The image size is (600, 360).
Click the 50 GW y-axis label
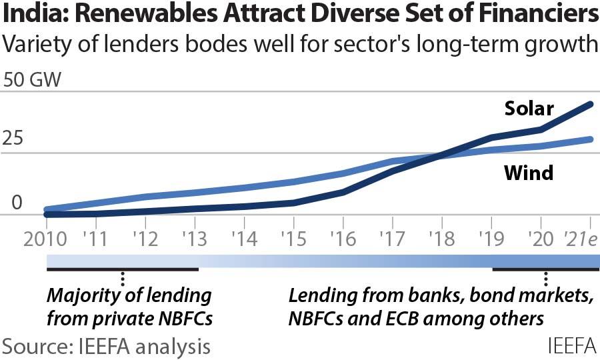tap(33, 81)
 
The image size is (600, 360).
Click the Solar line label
tap(529, 109)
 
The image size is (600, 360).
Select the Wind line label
tap(528, 173)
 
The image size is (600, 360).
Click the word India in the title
tap(31, 15)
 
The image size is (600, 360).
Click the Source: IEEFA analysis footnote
tap(107, 346)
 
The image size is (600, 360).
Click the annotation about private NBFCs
tap(129, 307)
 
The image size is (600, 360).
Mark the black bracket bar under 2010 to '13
tap(123, 269)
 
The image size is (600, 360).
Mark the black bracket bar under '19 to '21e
tap(545, 269)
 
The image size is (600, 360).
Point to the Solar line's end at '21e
tap(591, 103)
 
